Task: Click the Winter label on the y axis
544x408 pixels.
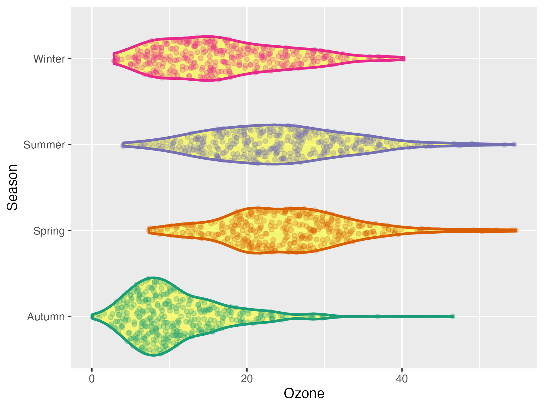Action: (49, 59)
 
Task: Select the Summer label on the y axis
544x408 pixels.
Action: (44, 145)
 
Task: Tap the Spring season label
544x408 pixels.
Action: (49, 231)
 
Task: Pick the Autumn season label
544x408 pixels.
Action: (46, 317)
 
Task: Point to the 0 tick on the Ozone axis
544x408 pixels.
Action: (92, 379)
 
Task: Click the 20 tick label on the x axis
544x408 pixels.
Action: (247, 379)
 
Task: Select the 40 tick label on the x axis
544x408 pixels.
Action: (402, 379)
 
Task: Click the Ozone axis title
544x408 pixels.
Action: (304, 393)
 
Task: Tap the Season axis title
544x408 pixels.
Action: (13, 187)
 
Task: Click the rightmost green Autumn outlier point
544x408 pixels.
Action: (452, 316)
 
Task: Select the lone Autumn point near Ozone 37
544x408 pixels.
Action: (377, 316)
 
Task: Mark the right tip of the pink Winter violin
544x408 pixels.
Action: (404, 59)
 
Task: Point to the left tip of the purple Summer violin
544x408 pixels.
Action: (123, 144)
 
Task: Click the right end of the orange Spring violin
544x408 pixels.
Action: (516, 230)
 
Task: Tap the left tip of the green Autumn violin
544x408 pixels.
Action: (92, 316)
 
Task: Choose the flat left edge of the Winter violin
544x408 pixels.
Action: (114, 58)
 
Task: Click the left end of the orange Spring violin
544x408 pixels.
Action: (149, 230)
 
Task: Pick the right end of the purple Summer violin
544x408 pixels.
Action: (514, 144)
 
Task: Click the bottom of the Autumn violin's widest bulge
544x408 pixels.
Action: (154, 355)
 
